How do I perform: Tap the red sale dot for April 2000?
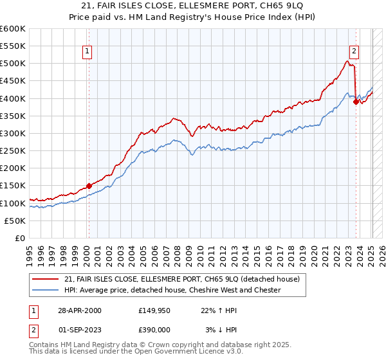click(89, 186)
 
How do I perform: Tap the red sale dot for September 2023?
click(356, 102)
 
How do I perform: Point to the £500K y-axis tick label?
click(13, 64)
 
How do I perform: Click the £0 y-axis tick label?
click(21, 238)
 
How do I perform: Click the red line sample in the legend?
click(46, 280)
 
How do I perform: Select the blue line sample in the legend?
click(46, 291)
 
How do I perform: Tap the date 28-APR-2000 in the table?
click(79, 310)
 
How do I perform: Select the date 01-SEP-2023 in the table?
click(79, 330)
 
